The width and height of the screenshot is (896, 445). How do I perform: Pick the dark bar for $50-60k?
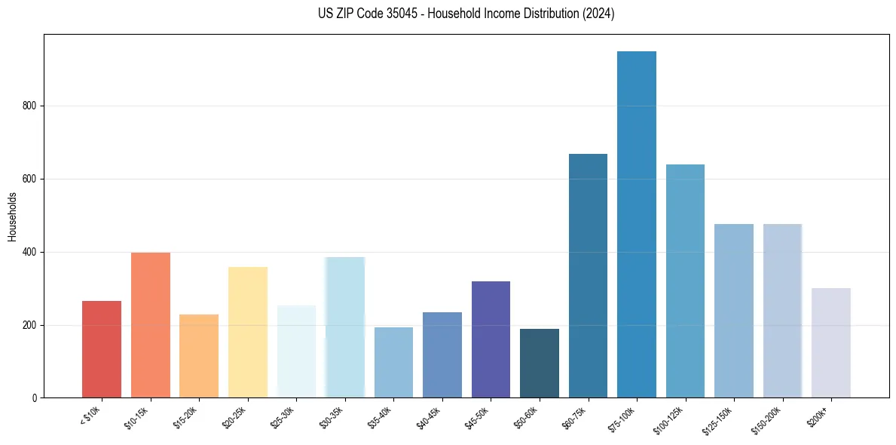pos(540,363)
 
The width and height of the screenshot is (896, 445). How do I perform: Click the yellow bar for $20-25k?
pos(248,332)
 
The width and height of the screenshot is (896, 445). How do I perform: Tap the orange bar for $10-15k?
pos(151,325)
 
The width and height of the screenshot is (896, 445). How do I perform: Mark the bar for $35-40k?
pos(393,362)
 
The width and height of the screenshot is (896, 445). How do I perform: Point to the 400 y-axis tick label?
pos(32,252)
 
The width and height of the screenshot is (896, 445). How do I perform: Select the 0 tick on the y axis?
pos(37,398)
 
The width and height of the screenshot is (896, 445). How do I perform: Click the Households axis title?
pos(12,216)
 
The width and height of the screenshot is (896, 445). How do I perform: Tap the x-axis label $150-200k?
pos(775,419)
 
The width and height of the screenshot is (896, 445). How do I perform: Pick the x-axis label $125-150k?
pos(726,419)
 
